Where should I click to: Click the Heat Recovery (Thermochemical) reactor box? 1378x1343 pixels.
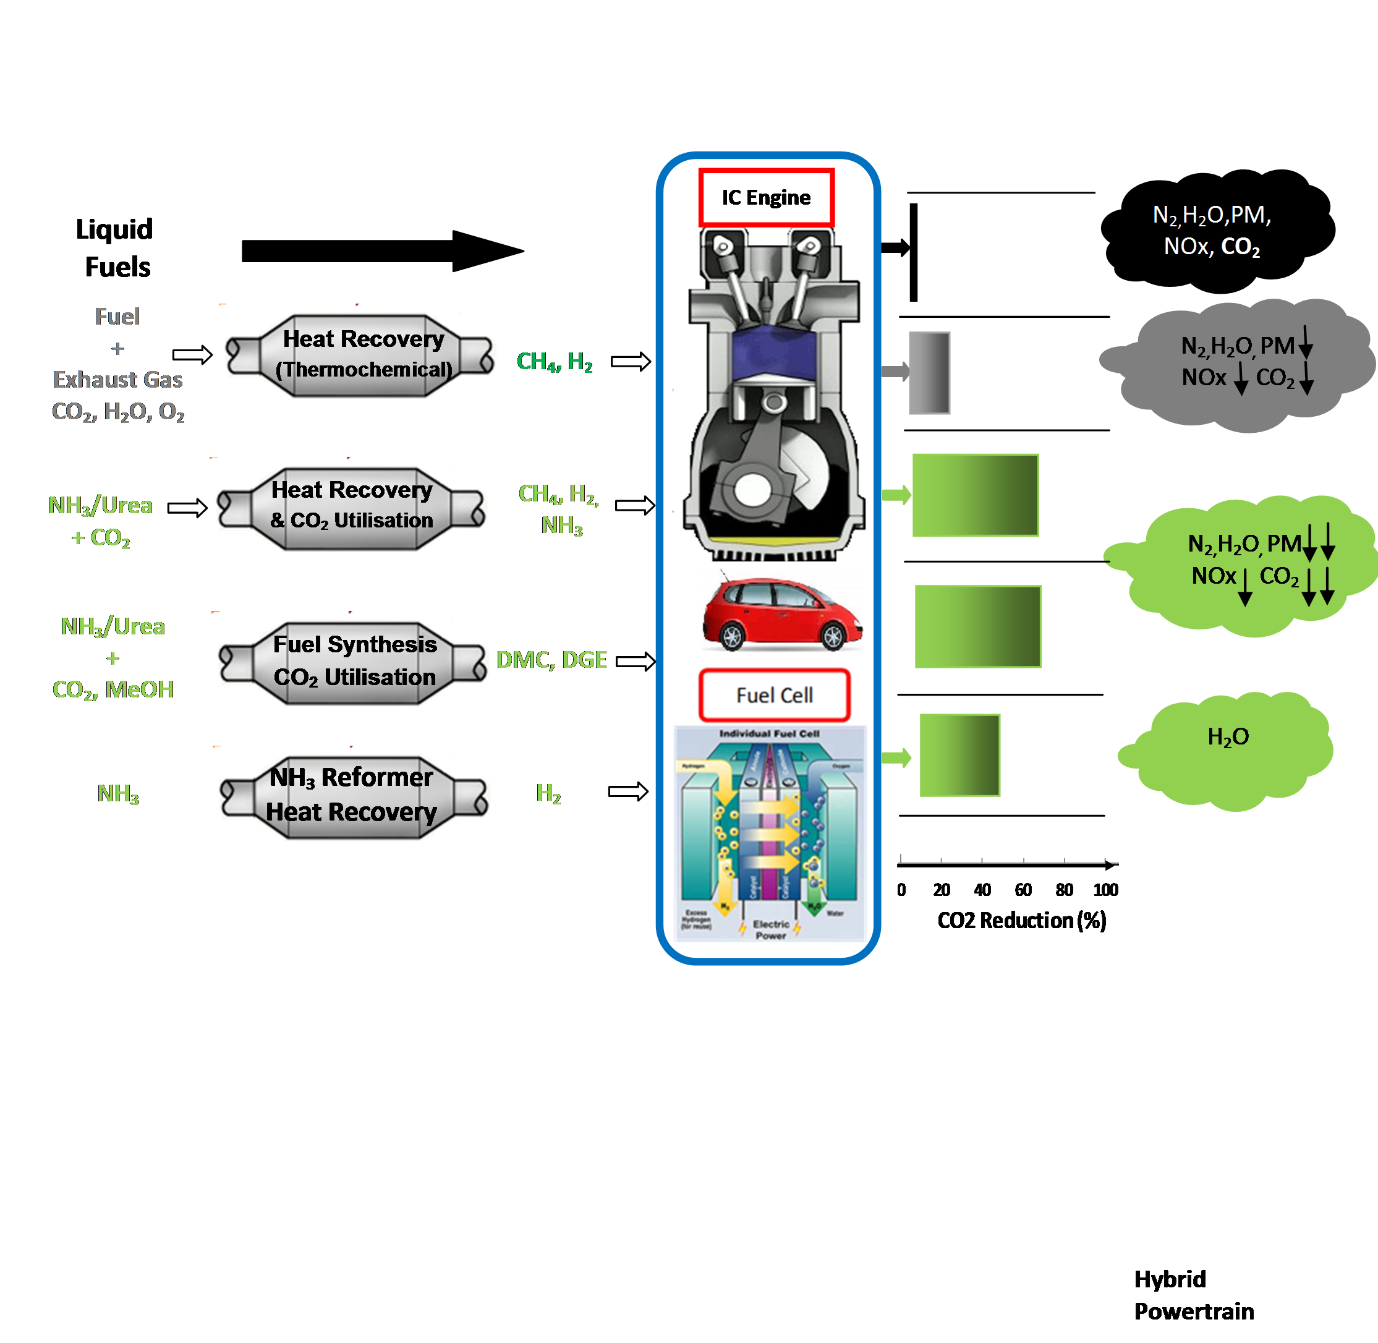tap(360, 354)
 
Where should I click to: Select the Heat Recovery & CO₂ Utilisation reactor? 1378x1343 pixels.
tap(351, 506)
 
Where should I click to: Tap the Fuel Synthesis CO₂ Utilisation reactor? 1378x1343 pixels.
tap(352, 661)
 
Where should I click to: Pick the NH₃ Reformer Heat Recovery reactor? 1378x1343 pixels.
tap(354, 795)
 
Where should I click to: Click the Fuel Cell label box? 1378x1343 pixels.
tap(775, 696)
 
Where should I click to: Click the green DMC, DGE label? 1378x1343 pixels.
tap(551, 660)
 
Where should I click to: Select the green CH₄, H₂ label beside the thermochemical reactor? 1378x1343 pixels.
tap(555, 362)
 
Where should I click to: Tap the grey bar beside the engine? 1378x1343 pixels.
tap(929, 372)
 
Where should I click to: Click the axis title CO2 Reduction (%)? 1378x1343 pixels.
tap(1021, 921)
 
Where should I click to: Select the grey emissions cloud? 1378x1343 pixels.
tap(1234, 363)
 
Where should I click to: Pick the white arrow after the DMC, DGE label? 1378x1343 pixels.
tap(636, 661)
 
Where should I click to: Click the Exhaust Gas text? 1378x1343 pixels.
tap(118, 380)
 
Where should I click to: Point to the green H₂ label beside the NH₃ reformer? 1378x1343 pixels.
tap(548, 793)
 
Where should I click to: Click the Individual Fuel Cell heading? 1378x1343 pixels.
tap(768, 733)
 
